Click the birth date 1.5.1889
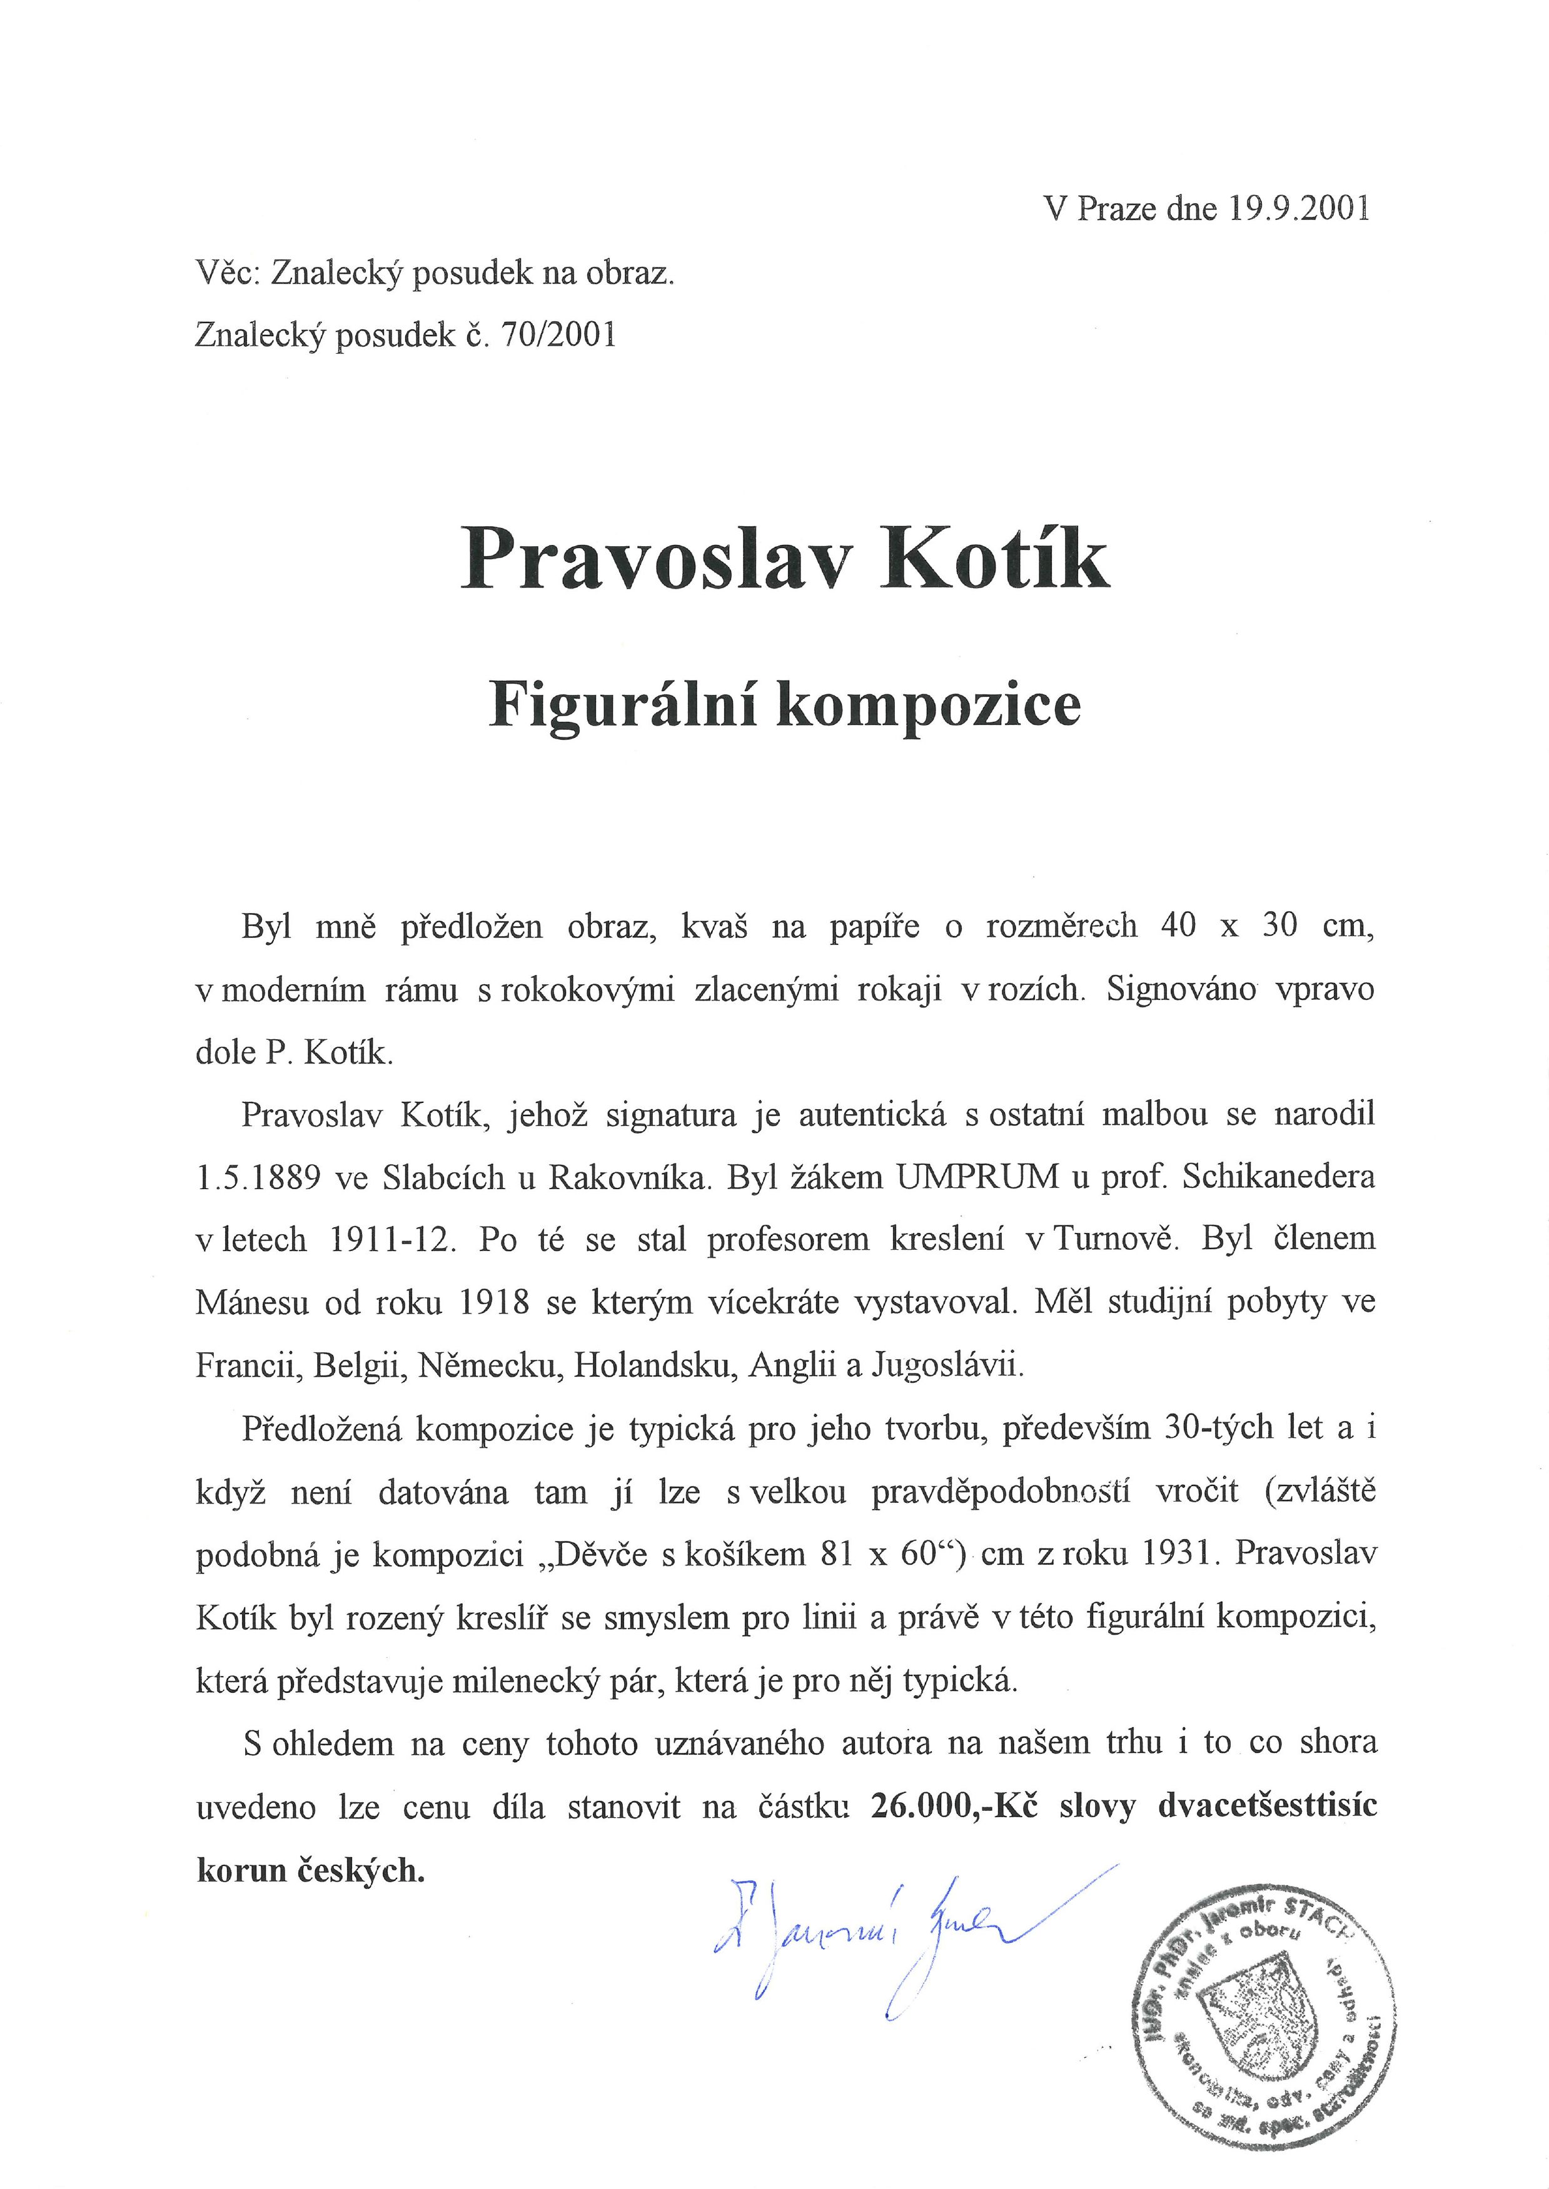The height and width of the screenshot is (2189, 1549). [258, 1179]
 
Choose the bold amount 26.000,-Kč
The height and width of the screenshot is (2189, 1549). [955, 1808]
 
